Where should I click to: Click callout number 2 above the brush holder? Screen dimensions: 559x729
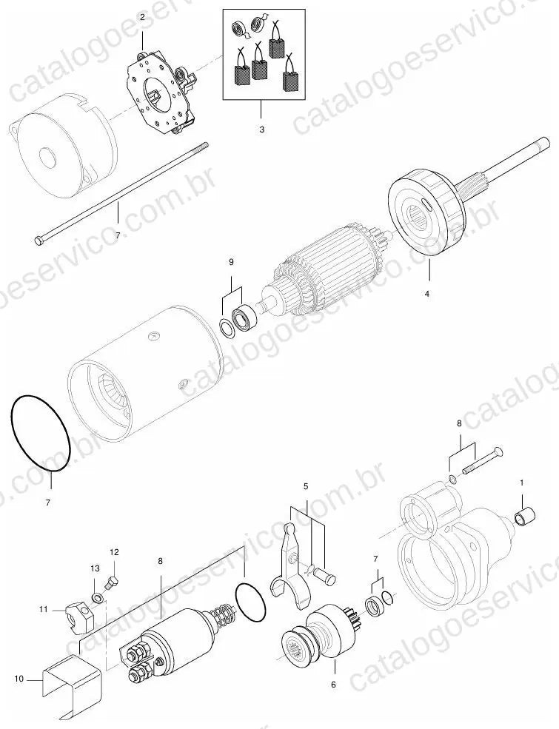[142, 17]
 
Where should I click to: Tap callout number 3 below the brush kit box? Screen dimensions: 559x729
[262, 130]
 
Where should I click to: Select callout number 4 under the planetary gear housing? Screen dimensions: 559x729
[427, 294]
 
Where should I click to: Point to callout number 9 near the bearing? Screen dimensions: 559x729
[231, 262]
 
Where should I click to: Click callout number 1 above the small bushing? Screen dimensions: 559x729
[522, 483]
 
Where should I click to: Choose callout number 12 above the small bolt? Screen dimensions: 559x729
[115, 552]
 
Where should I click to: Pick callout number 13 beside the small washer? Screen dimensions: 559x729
[95, 568]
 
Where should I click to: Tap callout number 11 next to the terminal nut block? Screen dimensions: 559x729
[44, 608]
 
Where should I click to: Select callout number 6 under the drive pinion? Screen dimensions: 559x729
[333, 685]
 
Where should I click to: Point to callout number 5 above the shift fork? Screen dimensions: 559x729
[306, 486]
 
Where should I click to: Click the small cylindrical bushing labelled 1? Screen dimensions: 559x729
[525, 517]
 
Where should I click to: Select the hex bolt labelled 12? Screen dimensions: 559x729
[112, 583]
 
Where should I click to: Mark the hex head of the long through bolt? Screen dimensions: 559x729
[39, 240]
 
